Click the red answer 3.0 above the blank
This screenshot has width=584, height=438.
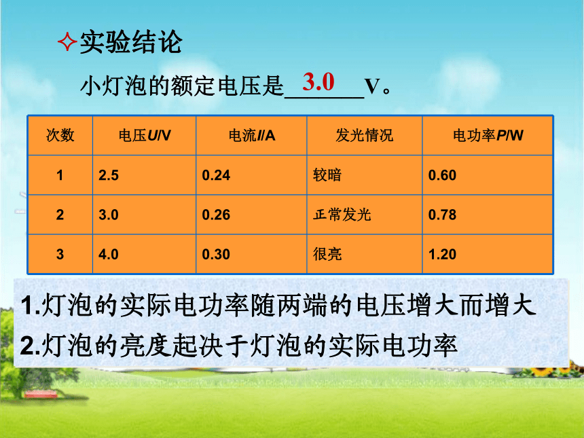[318, 81]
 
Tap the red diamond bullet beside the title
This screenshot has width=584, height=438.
[67, 41]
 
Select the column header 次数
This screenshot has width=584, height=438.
[60, 135]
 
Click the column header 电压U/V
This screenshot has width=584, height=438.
[145, 135]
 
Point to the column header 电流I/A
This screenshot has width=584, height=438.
[252, 135]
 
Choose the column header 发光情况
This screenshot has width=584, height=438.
[364, 135]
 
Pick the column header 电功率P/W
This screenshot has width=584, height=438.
[488, 135]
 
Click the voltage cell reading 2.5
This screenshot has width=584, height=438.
[109, 175]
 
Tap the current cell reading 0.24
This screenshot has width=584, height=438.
[216, 175]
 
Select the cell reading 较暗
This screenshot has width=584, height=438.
[327, 175]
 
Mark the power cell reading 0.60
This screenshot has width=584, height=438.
[442, 175]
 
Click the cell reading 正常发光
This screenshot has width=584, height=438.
[342, 215]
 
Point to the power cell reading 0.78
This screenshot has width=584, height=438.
[442, 215]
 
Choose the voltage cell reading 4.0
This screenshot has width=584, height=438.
[109, 255]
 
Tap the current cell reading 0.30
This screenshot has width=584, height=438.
[216, 255]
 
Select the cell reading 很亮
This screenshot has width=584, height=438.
[327, 254]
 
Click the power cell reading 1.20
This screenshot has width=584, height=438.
[442, 255]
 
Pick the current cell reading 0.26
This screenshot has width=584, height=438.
[216, 215]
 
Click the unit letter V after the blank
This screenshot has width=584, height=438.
[373, 86]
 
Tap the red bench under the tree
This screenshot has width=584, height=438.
[41, 394]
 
